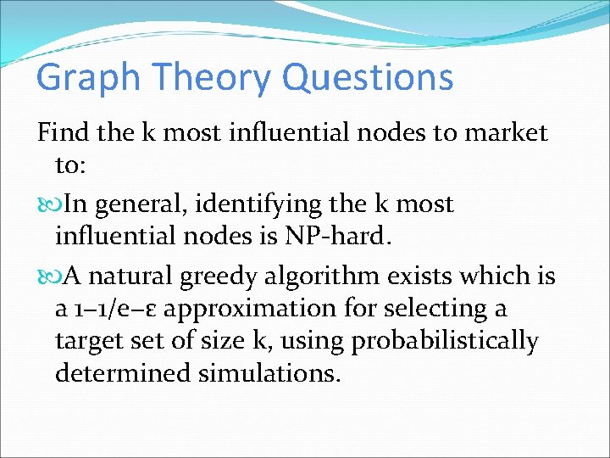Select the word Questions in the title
[x=368, y=79]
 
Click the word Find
[x=62, y=132]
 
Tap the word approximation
[x=252, y=309]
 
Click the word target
[x=89, y=341]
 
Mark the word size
[x=241, y=341]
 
